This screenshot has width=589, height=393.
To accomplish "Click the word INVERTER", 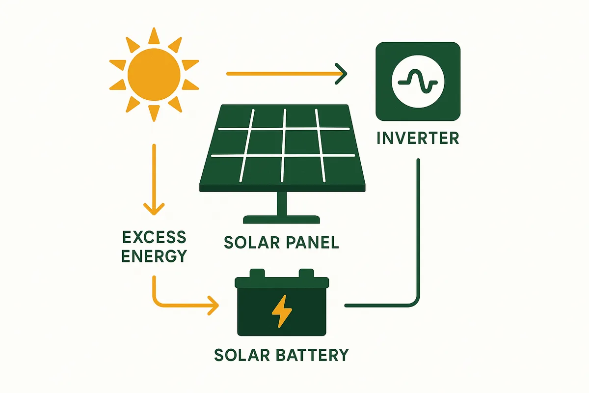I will pyautogui.click(x=418, y=138).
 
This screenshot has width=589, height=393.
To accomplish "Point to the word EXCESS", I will pyautogui.click(x=154, y=237).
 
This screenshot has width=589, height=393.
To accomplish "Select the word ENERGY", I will pyautogui.click(x=154, y=256).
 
